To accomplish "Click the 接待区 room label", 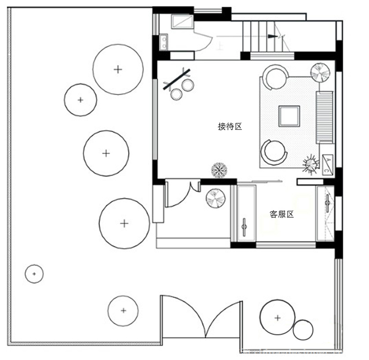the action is (x=230, y=126).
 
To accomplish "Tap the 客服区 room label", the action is (x=281, y=214).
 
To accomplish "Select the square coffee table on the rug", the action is (x=289, y=116).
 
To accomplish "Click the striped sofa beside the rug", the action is (x=324, y=117).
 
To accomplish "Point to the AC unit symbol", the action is (x=327, y=164).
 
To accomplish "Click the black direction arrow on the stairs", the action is (x=272, y=36).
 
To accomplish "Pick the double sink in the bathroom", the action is (x=164, y=42).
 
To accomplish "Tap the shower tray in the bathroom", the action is (x=182, y=22).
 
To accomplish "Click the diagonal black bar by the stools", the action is (x=177, y=79).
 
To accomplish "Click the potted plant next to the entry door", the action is (x=216, y=198).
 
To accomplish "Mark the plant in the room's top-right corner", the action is (x=320, y=72).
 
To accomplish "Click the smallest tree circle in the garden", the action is (x=34, y=274).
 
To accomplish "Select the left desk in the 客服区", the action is (x=246, y=213).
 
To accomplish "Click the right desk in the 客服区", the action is (x=325, y=213).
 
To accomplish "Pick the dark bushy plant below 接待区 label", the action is (x=219, y=170).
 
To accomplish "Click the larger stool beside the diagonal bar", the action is (x=188, y=85).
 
